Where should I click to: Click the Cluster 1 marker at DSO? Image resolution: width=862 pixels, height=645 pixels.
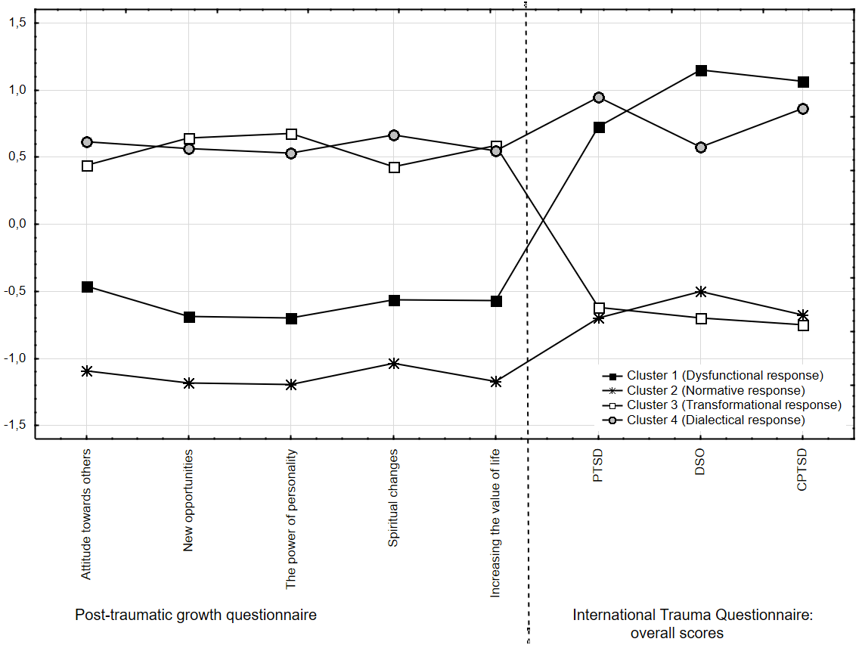coord(701,70)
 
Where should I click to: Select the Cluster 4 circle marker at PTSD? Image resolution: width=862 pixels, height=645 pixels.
coord(599,98)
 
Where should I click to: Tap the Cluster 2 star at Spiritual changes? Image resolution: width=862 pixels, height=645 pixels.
coord(394,364)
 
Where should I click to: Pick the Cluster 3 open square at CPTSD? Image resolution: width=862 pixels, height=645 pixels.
coord(803,325)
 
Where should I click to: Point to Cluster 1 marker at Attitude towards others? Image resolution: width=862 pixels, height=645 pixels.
coord(88,287)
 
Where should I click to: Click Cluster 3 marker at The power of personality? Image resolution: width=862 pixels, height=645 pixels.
coord(292,134)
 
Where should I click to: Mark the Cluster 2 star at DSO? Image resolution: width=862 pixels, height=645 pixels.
coord(701,291)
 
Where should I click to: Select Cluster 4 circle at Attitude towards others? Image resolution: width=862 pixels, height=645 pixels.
coord(87,142)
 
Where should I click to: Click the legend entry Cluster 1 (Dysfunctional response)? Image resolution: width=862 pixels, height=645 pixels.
coord(724,375)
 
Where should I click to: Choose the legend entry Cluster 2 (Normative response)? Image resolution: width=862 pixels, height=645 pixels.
coord(715,390)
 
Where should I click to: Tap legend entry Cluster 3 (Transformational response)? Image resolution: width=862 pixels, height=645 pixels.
coord(733,405)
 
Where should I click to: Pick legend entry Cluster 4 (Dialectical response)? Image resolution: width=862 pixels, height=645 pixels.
coord(715,420)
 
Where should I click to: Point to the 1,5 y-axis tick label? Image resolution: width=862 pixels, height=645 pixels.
coord(17,23)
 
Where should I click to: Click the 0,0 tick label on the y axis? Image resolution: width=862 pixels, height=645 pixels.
coord(17,224)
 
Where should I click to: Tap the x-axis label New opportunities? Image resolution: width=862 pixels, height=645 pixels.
coord(189,500)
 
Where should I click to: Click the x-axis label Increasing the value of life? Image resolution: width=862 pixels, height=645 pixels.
coord(496,523)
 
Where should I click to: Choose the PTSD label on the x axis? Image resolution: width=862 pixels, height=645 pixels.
coord(599,467)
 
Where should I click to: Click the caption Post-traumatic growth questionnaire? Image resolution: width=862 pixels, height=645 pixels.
coord(196,615)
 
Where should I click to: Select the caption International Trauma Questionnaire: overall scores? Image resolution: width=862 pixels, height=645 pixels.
coord(692,624)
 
